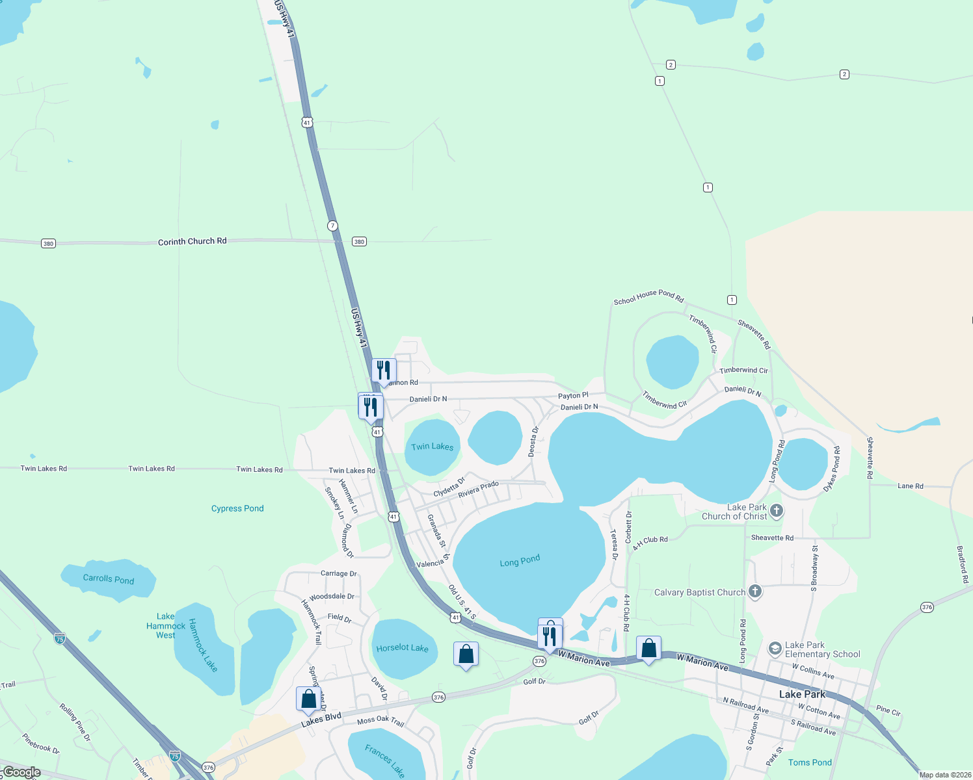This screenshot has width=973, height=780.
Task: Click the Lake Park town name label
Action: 802,694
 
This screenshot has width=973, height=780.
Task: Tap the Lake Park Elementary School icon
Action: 775,649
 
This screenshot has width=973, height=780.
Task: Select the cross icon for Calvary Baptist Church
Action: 754,591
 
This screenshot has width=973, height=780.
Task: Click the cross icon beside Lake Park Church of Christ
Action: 776,511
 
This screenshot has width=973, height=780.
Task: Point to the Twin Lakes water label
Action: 432,447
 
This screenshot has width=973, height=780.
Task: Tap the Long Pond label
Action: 520,561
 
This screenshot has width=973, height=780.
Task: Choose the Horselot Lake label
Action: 402,648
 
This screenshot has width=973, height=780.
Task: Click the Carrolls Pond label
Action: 108,578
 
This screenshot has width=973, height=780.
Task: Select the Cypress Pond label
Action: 237,508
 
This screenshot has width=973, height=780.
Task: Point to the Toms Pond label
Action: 810,762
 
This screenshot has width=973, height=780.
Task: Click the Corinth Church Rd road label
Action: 192,241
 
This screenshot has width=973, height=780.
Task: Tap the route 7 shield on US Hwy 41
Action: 332,226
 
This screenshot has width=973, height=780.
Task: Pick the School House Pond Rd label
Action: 648,296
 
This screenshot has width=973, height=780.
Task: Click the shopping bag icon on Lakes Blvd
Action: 308,699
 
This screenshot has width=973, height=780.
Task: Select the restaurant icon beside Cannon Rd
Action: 384,370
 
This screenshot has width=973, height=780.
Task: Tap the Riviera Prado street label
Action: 478,489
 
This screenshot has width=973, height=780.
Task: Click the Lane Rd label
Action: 910,486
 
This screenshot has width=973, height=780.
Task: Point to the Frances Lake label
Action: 384,760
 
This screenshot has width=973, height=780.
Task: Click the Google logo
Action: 21,772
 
